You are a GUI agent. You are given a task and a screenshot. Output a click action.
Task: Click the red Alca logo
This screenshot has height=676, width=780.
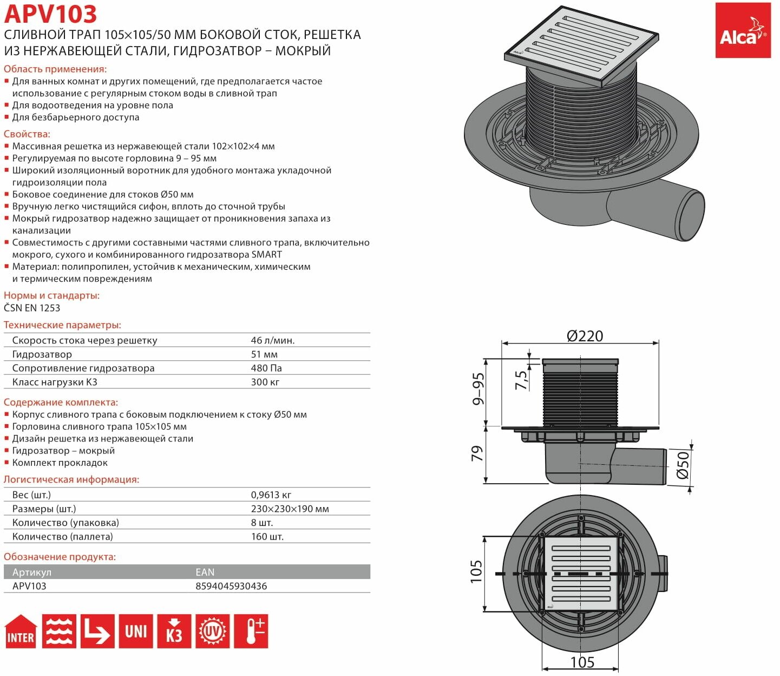point(743,30)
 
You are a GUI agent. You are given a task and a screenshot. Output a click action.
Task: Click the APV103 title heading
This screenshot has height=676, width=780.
point(50,14)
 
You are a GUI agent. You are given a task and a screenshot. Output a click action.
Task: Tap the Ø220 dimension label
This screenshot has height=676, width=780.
point(585,336)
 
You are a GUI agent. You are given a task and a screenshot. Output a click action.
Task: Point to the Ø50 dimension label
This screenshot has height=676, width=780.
point(683,465)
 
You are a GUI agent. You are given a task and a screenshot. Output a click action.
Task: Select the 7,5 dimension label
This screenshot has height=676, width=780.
point(521,380)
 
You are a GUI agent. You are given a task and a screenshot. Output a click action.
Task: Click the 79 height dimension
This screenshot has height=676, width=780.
point(476,454)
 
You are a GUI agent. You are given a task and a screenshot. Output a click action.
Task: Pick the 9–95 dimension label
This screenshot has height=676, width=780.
point(478,389)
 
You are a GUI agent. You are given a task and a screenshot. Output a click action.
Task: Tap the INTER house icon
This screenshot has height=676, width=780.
point(21,631)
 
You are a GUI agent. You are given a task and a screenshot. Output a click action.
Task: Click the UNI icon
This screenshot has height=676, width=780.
point(136,631)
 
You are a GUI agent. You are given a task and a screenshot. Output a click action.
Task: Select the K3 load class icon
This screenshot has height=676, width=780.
point(174,631)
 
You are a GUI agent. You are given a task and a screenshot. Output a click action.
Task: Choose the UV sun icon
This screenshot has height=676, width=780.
point(212,631)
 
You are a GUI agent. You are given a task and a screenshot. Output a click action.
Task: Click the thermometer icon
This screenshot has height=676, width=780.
point(251,631)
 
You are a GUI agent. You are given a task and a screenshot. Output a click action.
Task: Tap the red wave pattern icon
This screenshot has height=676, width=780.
point(59,631)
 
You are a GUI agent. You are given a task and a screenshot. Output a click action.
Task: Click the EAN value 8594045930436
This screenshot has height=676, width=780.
point(231,586)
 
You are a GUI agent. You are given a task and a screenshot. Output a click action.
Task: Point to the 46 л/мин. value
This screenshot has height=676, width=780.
point(273,341)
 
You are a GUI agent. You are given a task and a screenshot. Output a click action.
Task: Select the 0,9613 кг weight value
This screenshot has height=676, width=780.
point(271,495)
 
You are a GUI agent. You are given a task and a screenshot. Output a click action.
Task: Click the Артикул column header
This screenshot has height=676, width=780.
point(31,572)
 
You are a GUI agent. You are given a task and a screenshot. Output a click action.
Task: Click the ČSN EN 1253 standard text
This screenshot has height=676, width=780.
point(32,308)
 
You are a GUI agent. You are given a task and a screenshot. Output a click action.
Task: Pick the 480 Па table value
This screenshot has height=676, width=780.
point(266,368)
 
